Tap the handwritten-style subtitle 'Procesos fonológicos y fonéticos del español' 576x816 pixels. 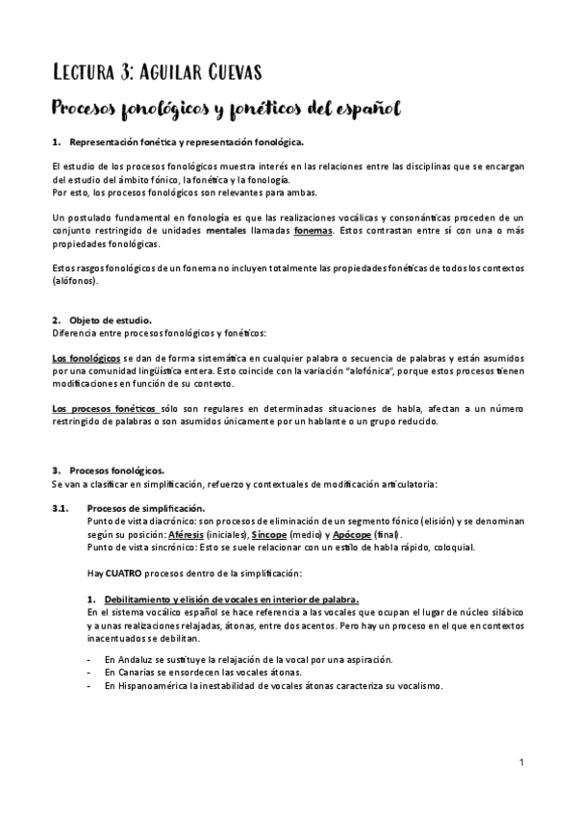(x=226, y=107)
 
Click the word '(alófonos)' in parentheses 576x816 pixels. (x=75, y=282)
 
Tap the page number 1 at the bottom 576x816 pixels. (x=520, y=763)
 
